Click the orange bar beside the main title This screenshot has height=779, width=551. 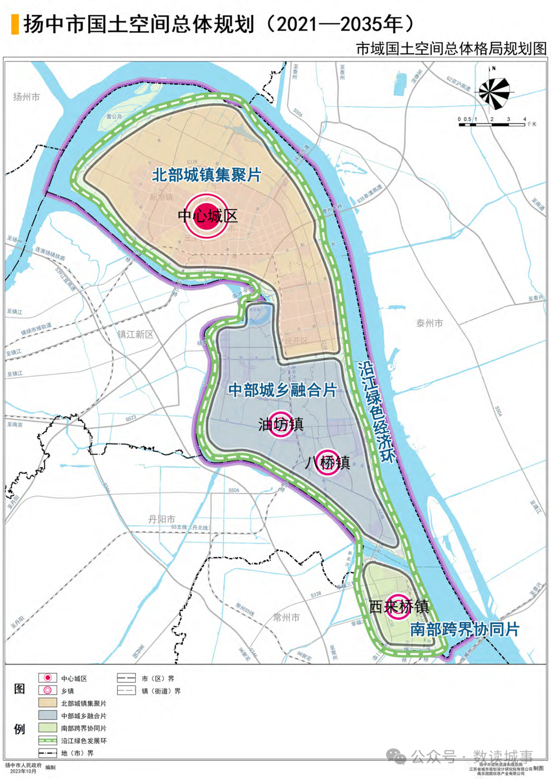[15, 24]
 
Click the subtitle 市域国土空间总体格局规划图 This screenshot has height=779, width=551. [451, 48]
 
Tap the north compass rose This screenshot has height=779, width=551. [493, 92]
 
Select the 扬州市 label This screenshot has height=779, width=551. [26, 97]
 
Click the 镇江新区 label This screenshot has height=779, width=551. [135, 334]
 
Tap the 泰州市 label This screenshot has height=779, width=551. [429, 323]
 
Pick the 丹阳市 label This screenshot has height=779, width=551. [162, 519]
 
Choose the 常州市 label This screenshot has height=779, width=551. [286, 617]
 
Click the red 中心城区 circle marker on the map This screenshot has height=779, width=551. [207, 216]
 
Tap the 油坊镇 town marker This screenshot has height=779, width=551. [280, 423]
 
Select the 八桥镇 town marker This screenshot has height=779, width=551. [327, 462]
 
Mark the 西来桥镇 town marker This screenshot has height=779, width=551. [398, 606]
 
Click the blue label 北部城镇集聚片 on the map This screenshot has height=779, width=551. [207, 175]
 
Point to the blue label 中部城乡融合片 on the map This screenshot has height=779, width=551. [282, 390]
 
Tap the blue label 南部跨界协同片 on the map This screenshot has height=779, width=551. [464, 629]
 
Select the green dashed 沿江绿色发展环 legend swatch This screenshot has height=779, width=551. [47, 740]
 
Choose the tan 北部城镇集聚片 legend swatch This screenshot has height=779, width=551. [47, 703]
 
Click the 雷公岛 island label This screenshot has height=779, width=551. [114, 116]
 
